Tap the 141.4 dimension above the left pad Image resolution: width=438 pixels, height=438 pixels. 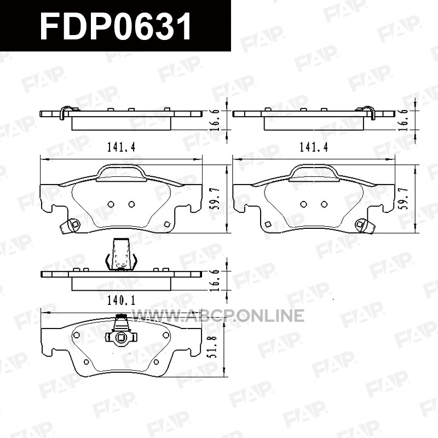coord(121,147)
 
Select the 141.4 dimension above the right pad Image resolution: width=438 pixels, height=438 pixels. coord(313,147)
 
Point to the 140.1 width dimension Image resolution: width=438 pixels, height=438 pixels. coord(121,301)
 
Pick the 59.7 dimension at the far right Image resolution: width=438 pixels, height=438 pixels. coord(405,199)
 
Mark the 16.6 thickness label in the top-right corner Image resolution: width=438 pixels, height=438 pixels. coord(405,120)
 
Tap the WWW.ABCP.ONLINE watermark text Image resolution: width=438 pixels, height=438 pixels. coord(217,316)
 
